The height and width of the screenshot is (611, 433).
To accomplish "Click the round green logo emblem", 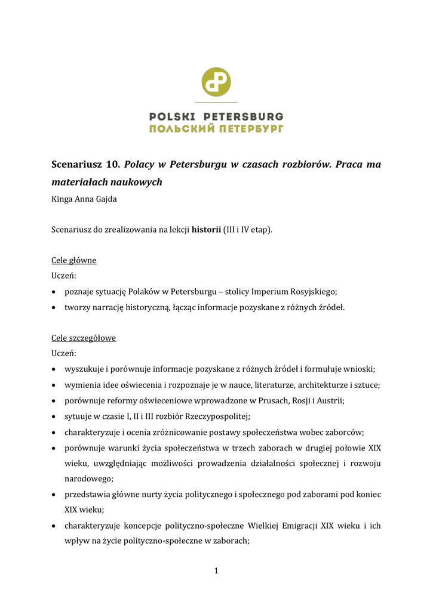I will [x=216, y=82].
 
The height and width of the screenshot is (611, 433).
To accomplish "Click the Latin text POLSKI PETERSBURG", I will [x=216, y=116].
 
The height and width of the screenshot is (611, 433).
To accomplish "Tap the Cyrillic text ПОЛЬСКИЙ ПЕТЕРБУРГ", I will [x=216, y=128].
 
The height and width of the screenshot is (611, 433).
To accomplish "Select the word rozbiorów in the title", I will [x=305, y=164].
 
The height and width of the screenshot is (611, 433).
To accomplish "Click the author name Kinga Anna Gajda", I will [x=84, y=199].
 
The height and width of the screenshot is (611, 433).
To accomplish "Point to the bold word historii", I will [x=206, y=230].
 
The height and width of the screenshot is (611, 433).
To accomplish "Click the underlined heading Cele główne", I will [x=74, y=261].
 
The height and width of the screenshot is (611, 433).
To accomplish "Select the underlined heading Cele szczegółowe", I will [x=84, y=338].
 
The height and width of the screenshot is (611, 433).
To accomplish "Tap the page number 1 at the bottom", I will [x=216, y=571].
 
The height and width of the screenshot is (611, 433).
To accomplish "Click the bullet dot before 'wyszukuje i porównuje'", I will [x=55, y=369].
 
